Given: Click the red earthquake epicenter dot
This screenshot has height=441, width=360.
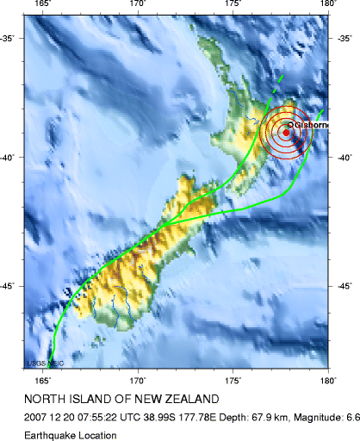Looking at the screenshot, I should (x=286, y=132).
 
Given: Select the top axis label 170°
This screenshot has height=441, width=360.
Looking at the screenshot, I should (x=138, y=5).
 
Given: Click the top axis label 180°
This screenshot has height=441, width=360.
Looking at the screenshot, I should (x=327, y=5).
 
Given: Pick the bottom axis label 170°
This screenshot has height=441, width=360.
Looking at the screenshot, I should (x=138, y=378).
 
